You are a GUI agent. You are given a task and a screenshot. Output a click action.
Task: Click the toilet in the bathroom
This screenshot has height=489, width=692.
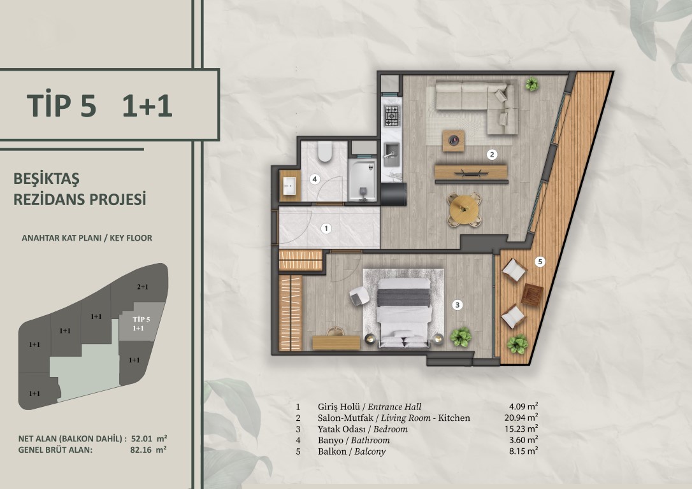(325, 152)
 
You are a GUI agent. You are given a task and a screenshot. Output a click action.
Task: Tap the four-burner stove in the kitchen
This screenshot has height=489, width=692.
(392, 115)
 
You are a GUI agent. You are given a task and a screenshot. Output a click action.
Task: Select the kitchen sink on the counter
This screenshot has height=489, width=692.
(391, 154)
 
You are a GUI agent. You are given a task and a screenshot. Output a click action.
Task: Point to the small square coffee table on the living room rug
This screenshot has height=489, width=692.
(453, 141)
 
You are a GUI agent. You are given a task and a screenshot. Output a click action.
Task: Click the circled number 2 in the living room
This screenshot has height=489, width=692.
(492, 154)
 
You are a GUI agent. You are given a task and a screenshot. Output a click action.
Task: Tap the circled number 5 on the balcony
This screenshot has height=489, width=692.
(540, 262)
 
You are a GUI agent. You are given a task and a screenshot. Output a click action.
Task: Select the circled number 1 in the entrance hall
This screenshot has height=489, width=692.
(326, 229)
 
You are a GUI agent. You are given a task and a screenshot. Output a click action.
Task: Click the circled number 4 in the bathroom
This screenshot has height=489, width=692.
(314, 179)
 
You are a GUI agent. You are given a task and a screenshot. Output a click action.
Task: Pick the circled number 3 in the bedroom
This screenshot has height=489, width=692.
(458, 305)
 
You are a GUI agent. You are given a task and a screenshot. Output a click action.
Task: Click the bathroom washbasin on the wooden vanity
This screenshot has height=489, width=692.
(289, 186)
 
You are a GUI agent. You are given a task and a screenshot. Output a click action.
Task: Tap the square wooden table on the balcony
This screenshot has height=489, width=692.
(532, 295)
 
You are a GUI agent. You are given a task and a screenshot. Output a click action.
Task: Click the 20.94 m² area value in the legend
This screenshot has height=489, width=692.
(521, 418)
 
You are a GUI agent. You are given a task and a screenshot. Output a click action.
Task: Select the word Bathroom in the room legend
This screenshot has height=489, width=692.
(370, 440)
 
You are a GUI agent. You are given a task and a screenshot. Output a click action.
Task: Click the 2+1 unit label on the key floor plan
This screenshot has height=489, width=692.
(143, 287)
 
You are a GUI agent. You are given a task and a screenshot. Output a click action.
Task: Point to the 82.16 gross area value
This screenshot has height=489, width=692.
(140, 450)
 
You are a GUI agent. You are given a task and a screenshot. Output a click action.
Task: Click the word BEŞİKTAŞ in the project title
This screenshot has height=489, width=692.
(47, 179)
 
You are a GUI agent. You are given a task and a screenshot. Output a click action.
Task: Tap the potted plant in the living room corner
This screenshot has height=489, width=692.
(532, 84)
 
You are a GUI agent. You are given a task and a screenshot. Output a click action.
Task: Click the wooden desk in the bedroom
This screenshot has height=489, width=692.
(336, 343)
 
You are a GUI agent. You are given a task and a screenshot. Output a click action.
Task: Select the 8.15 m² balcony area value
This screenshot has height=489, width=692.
(523, 451)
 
